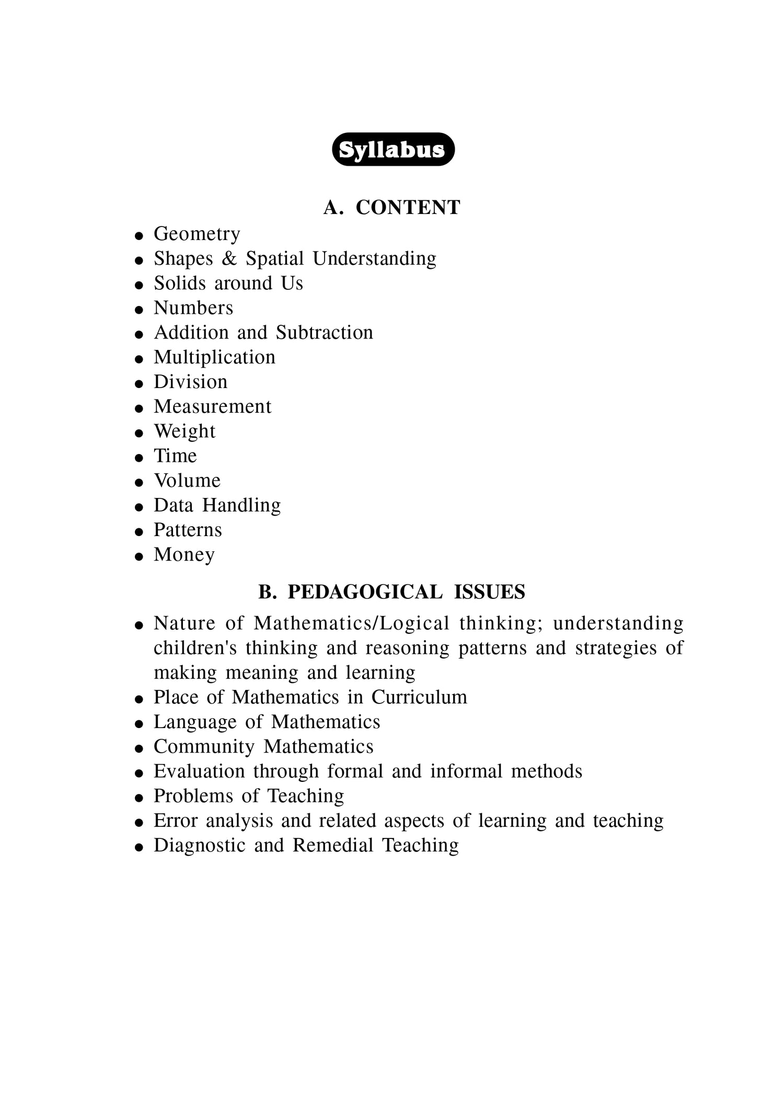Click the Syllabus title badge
coord(393,150)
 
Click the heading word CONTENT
coord(408,208)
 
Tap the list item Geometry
coord(197,234)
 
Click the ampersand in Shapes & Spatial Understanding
coord(229,258)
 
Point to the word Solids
coord(180,283)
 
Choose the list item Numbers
coord(193,308)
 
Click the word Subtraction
coord(325,333)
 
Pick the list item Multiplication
coord(214,357)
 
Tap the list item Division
coord(190,382)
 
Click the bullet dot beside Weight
coord(139,433)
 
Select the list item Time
coord(175,456)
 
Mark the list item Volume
coord(187,481)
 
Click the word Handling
coord(241,505)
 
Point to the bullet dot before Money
coord(139,556)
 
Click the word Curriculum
coord(419,697)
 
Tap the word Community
coord(204,747)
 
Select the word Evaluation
coord(199,771)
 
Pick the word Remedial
coord(332,845)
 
